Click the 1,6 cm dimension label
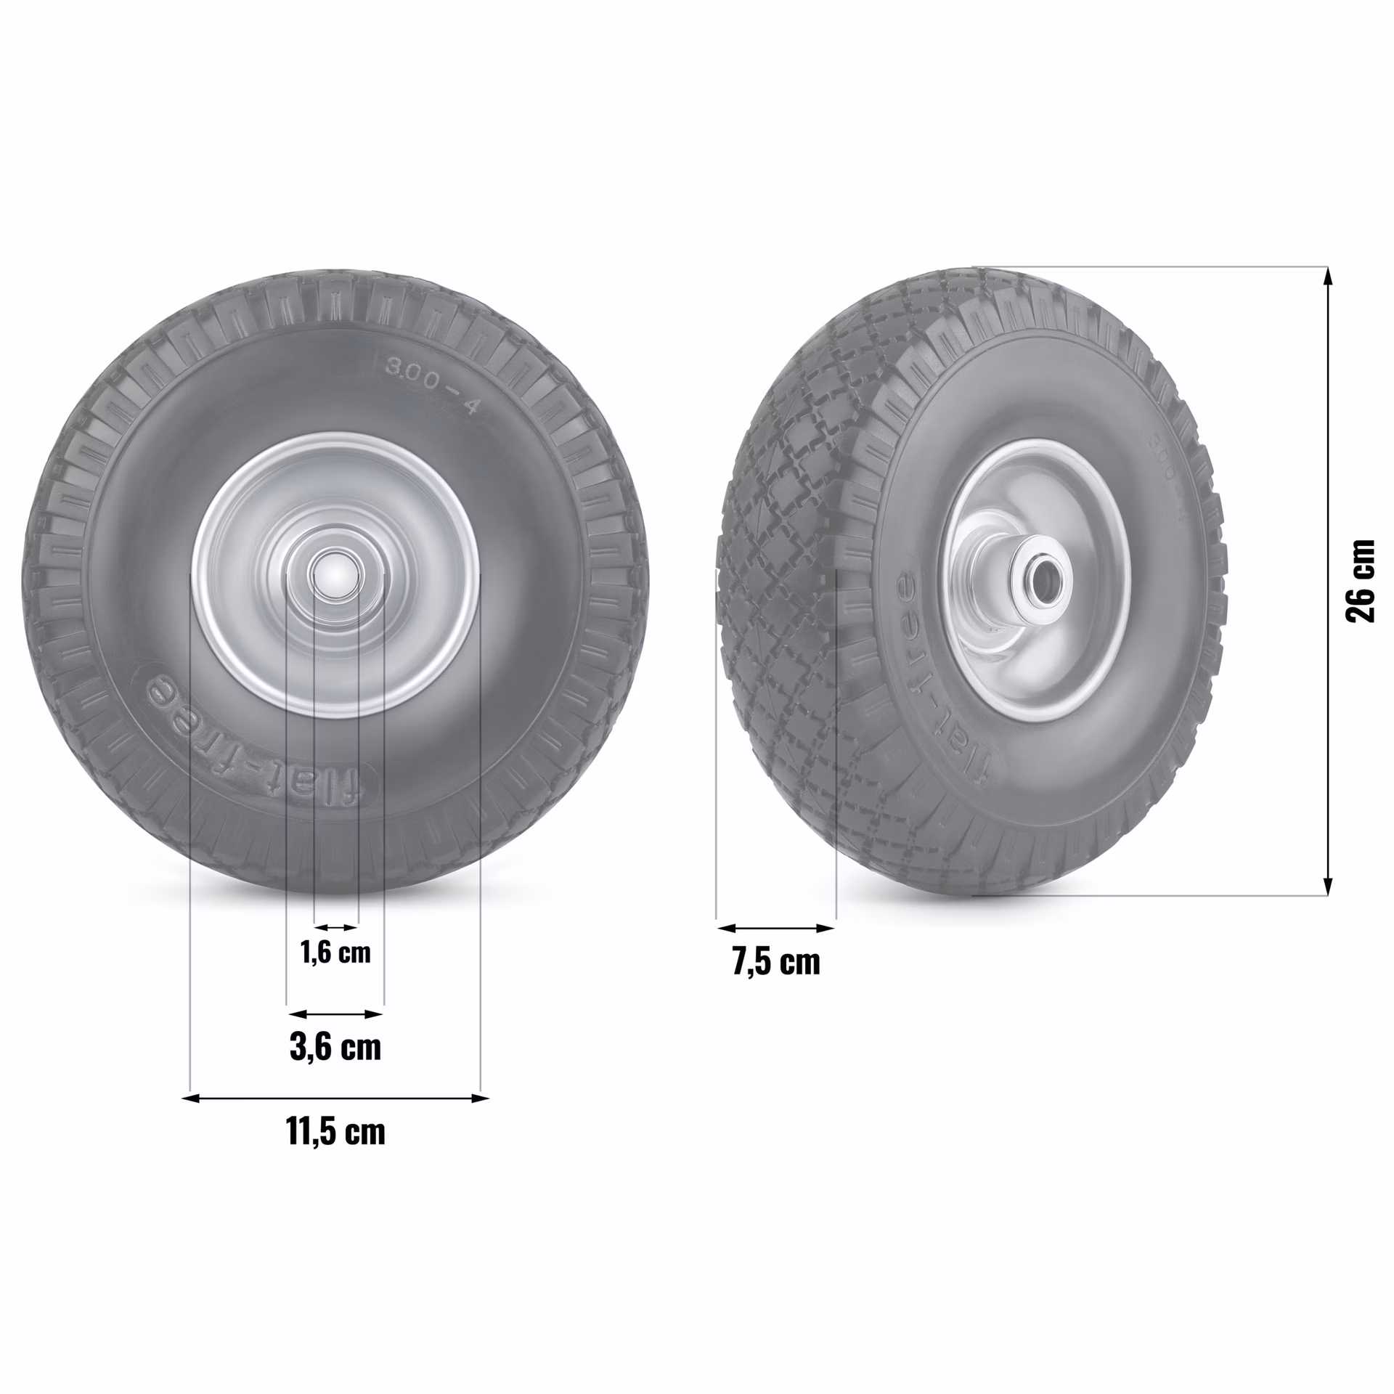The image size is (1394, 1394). click(x=335, y=952)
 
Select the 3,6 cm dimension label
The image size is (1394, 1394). click(x=335, y=1047)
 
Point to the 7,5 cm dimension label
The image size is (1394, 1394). click(x=776, y=962)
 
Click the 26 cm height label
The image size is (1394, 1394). click(x=1360, y=581)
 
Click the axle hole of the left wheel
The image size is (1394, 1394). click(x=335, y=574)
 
